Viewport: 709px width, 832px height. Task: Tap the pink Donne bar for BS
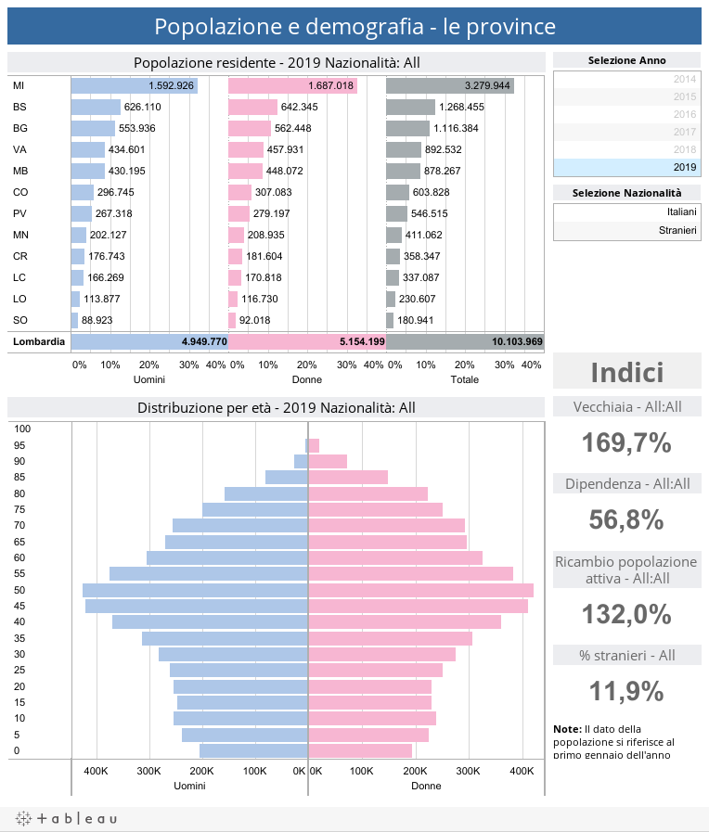coord(252,107)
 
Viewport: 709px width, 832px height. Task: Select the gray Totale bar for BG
coord(407,128)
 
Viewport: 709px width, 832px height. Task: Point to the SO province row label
coord(19,320)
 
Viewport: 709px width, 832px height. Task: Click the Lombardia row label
coord(39,342)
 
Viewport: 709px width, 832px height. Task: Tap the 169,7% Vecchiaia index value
coord(626,443)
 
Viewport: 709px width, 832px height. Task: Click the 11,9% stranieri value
coord(626,691)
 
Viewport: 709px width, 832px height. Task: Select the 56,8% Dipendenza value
coord(626,520)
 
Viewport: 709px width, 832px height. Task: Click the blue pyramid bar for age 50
coord(195,590)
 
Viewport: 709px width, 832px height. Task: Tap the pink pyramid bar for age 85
coord(347,477)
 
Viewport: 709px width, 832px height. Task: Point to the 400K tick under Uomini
coord(97,771)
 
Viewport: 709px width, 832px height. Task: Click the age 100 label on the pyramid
coord(23,429)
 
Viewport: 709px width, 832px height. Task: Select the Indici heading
coord(626,373)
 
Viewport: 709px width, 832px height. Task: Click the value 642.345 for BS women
coord(300,107)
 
